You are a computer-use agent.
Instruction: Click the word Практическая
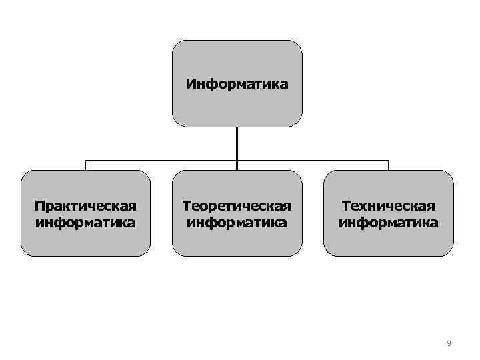click(85, 206)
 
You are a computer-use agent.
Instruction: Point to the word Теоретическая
click(237, 206)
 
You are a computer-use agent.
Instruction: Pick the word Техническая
click(388, 206)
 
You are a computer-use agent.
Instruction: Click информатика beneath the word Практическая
click(85, 221)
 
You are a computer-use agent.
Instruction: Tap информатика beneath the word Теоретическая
click(237, 221)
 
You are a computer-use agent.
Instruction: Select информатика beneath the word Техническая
click(388, 221)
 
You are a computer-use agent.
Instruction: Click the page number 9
click(449, 343)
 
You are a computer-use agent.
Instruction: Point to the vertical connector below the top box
click(237, 143)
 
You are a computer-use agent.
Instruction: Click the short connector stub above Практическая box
click(85, 165)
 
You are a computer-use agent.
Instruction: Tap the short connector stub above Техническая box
click(388, 165)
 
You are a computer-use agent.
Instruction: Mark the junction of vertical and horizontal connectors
click(237, 161)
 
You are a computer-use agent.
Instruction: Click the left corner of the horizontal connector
click(85, 161)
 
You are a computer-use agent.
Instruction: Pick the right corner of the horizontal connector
click(388, 161)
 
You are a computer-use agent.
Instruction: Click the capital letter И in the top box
click(191, 85)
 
